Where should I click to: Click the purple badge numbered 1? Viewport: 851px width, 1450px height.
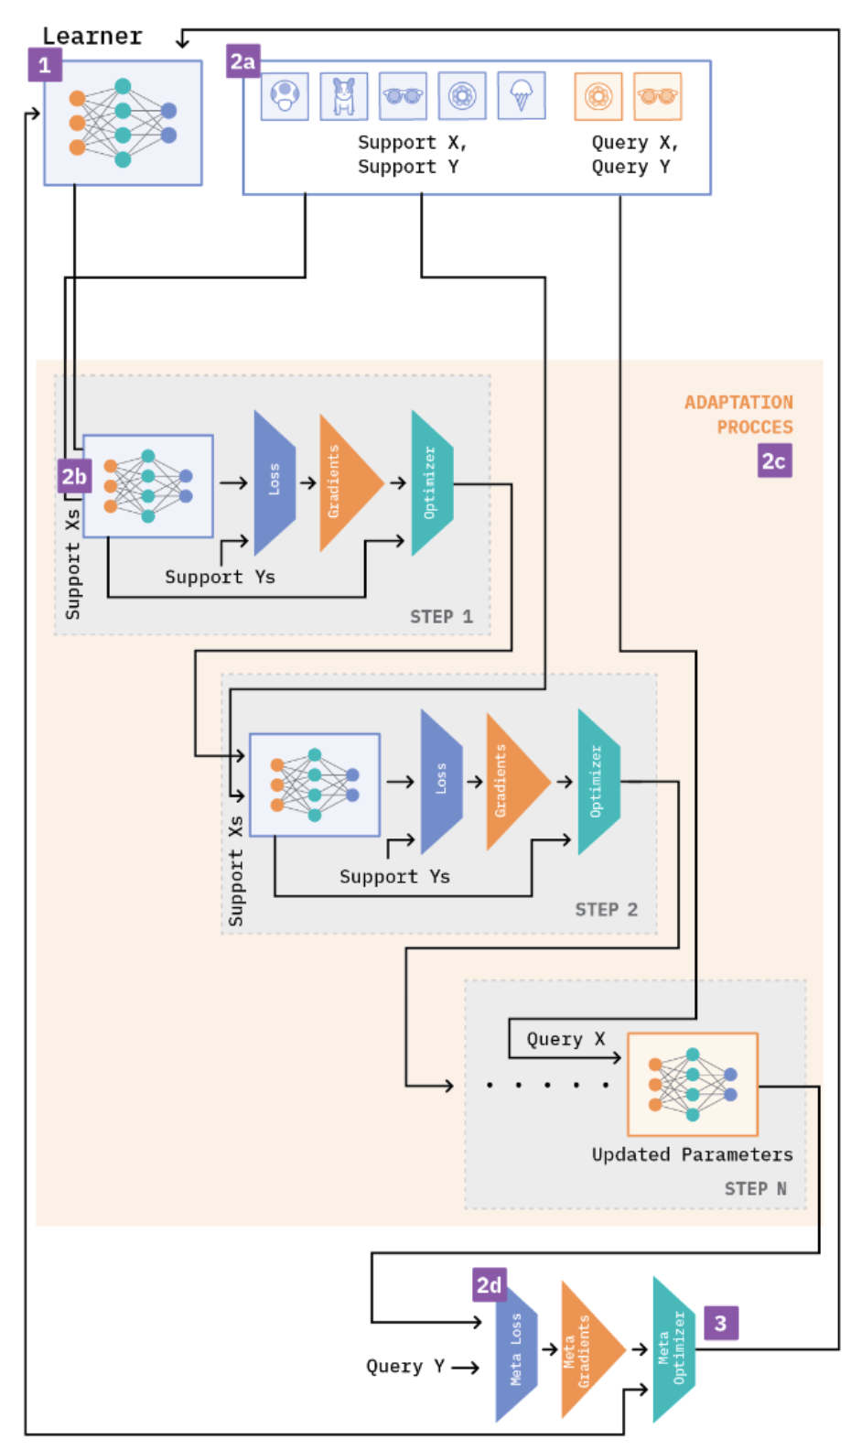45,65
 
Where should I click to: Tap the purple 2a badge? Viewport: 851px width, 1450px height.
242,61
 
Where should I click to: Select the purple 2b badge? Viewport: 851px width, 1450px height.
74,476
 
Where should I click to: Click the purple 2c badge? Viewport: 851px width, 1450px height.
774,460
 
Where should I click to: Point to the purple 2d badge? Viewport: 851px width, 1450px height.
490,1284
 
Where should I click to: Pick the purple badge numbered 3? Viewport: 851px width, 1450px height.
720,1323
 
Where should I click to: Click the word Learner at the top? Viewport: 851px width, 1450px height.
92,36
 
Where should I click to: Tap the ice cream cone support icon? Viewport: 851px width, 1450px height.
522,95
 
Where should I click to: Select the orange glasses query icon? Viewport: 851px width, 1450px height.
657,96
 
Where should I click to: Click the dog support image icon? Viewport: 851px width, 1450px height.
344,96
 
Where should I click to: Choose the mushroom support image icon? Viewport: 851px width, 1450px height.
285,95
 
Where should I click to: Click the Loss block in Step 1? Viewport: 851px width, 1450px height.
274,482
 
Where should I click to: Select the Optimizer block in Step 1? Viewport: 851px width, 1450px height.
431,482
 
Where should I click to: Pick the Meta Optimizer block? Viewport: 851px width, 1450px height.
673,1348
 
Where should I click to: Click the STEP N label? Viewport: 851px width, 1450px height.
755,1188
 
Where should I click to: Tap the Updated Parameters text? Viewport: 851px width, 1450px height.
692,1154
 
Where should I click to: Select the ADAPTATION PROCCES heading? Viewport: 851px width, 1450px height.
739,414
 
